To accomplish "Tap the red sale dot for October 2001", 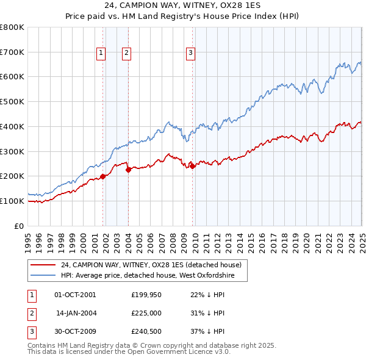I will coord(102,176).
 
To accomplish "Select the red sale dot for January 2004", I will coord(128,170).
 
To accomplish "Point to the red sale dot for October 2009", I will coord(192,166).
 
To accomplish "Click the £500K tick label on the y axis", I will coord(12,101).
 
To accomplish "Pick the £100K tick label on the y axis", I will coord(12,201).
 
